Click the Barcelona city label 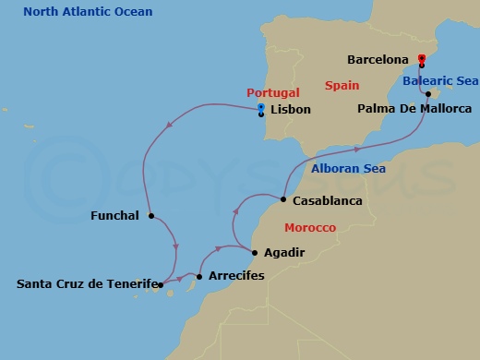pyautogui.click(x=378, y=60)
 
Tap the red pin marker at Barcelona pyautogui.click(x=421, y=60)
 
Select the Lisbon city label pyautogui.click(x=291, y=110)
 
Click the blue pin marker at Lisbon pyautogui.click(x=261, y=108)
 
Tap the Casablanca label pyautogui.click(x=327, y=200)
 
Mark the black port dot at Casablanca pyautogui.click(x=282, y=199)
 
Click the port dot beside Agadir pyautogui.click(x=256, y=251)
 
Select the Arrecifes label pyautogui.click(x=236, y=276)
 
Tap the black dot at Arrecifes pyautogui.click(x=199, y=276)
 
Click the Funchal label pyautogui.click(x=115, y=216)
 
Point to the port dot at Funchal pyautogui.click(x=150, y=217)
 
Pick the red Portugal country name pyautogui.click(x=274, y=93)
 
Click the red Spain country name pyautogui.click(x=342, y=85)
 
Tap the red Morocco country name pyautogui.click(x=309, y=227)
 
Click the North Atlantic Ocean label pyautogui.click(x=88, y=12)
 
